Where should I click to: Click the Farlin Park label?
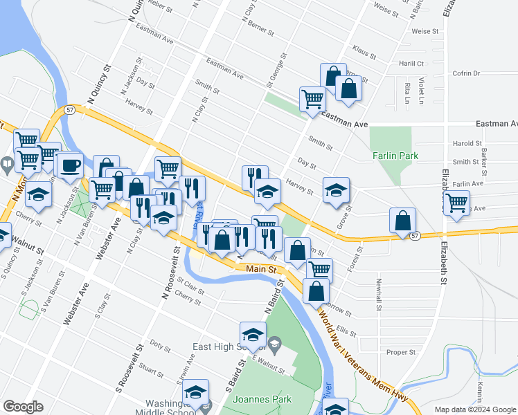tap(395, 156)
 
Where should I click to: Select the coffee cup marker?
tap(69, 166)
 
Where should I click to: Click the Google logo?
tap(23, 407)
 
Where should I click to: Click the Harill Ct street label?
tap(411, 63)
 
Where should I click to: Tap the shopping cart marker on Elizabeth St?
tap(456, 203)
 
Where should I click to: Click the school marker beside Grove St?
tap(336, 190)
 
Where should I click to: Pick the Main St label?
tap(260, 268)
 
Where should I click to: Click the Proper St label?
tap(401, 352)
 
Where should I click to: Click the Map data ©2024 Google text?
tap(475, 409)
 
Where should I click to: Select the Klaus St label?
tap(364, 53)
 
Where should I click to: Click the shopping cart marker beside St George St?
tap(312, 99)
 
